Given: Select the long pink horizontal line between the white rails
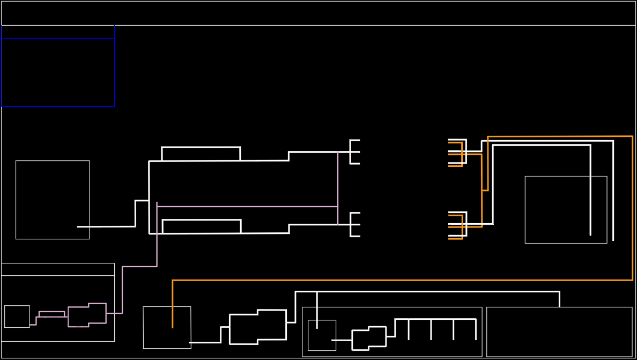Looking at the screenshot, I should (x=247, y=206).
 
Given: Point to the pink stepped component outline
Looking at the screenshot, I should (x=87, y=315).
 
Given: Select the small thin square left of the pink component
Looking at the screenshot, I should (x=17, y=316).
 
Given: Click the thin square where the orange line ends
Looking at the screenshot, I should (x=167, y=327).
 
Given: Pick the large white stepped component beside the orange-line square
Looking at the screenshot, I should (x=257, y=327).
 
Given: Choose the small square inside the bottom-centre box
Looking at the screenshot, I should (x=322, y=335).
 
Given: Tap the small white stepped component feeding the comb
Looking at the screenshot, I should (x=369, y=338).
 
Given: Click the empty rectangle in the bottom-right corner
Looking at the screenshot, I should (x=559, y=332).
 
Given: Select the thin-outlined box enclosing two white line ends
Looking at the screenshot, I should (x=566, y=209).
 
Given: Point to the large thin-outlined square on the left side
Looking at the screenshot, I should (x=53, y=200).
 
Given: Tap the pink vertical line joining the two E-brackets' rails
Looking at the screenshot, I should (x=338, y=188).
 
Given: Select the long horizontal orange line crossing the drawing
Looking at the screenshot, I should (x=402, y=280).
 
